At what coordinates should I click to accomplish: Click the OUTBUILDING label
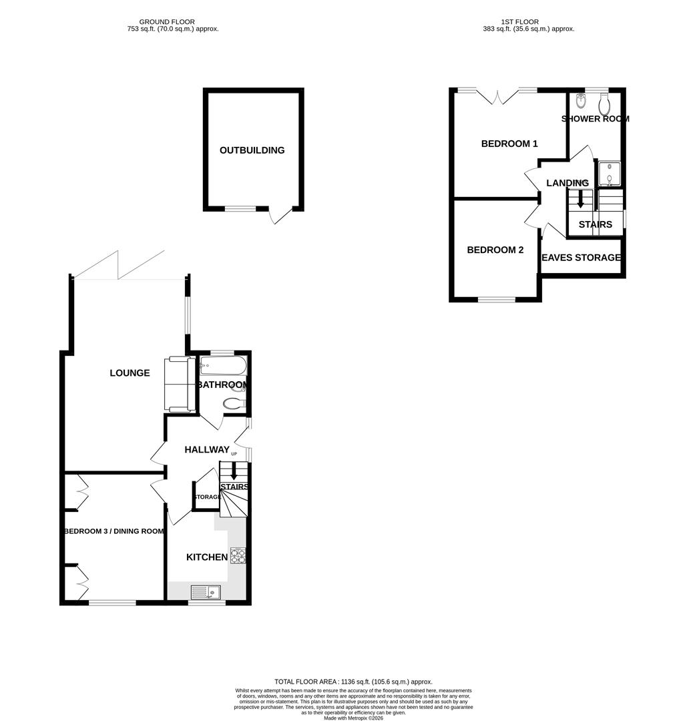pos(252,150)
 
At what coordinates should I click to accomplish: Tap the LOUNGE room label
pos(130,373)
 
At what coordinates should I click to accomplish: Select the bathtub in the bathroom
pos(222,366)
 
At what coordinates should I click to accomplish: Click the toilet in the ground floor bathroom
pos(234,403)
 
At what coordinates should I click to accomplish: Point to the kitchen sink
pos(205,591)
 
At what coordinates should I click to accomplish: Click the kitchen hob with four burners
pos(238,555)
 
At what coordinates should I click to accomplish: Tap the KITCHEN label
pos(206,557)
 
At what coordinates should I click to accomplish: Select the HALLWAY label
pos(207,450)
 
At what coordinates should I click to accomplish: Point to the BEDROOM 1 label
pos(509,144)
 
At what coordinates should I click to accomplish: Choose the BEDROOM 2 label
pos(495,250)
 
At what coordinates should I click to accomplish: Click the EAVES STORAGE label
pos(581,258)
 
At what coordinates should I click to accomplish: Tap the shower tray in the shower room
pos(609,174)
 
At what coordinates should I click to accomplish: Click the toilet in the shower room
pos(606,105)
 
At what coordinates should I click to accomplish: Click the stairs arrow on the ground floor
pos(233,471)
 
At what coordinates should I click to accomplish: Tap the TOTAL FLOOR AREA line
pos(353,682)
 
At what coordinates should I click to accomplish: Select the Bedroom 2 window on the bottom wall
pos(496,299)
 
